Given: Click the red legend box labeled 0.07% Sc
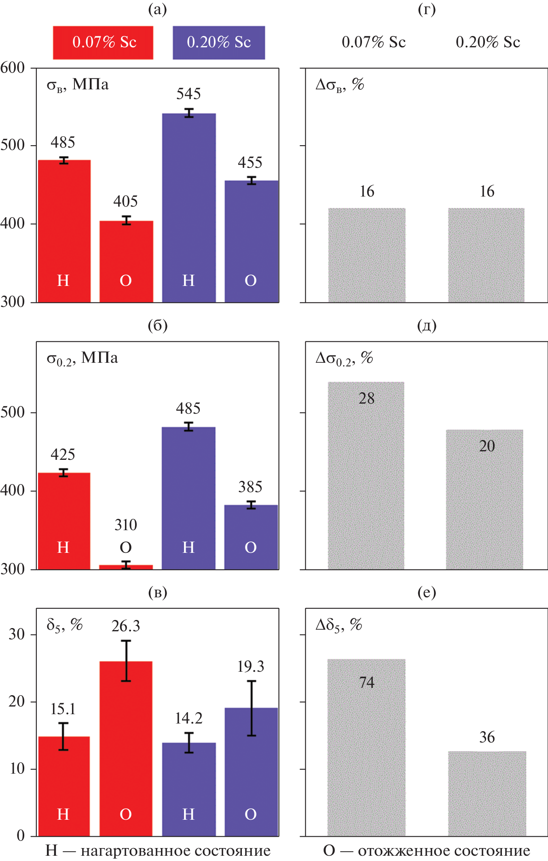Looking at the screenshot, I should pos(103,42).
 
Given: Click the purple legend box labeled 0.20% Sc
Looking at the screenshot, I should pos(219,42).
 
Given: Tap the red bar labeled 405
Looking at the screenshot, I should pos(126,261).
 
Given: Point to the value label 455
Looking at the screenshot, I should pos(250,163).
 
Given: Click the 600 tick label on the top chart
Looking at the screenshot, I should pos(13,68).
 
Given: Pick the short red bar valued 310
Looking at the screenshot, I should pos(126,567).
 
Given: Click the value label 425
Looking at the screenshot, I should pos(63,455).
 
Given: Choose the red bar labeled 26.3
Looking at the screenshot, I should pos(126,748).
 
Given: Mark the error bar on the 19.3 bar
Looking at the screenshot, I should pos(252,708).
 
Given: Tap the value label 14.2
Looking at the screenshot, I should pos(188,718).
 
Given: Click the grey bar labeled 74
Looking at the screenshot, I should pos(366,748).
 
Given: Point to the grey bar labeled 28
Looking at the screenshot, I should pos(366,477).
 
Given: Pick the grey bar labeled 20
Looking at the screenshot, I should pos(485,501).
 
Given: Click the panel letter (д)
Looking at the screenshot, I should pos(427,326).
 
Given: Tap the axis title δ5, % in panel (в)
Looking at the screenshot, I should pos(65,625).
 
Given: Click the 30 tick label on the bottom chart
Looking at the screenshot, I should pos(17,634).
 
